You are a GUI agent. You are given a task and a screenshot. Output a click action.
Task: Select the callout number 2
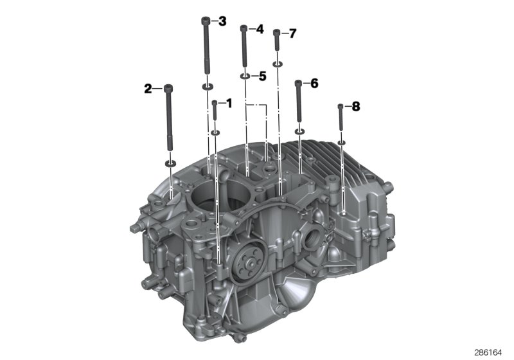click(148, 89)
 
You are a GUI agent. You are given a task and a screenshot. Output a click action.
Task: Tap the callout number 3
click(222, 22)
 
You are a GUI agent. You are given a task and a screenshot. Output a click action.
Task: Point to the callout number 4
click(260, 29)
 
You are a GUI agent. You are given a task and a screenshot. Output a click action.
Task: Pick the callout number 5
click(262, 76)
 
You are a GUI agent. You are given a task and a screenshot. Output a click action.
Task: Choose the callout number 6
click(314, 84)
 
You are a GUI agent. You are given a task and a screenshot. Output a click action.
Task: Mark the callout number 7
click(292, 33)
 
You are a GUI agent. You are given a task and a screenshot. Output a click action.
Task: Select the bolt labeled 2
click(169, 116)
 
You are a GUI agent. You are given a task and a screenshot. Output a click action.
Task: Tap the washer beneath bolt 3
click(208, 86)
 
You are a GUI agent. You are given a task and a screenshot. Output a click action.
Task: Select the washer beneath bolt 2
click(170, 163)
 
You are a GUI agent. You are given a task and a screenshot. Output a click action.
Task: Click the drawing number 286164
click(491, 352)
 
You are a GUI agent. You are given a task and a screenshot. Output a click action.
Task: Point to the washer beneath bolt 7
click(277, 64)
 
